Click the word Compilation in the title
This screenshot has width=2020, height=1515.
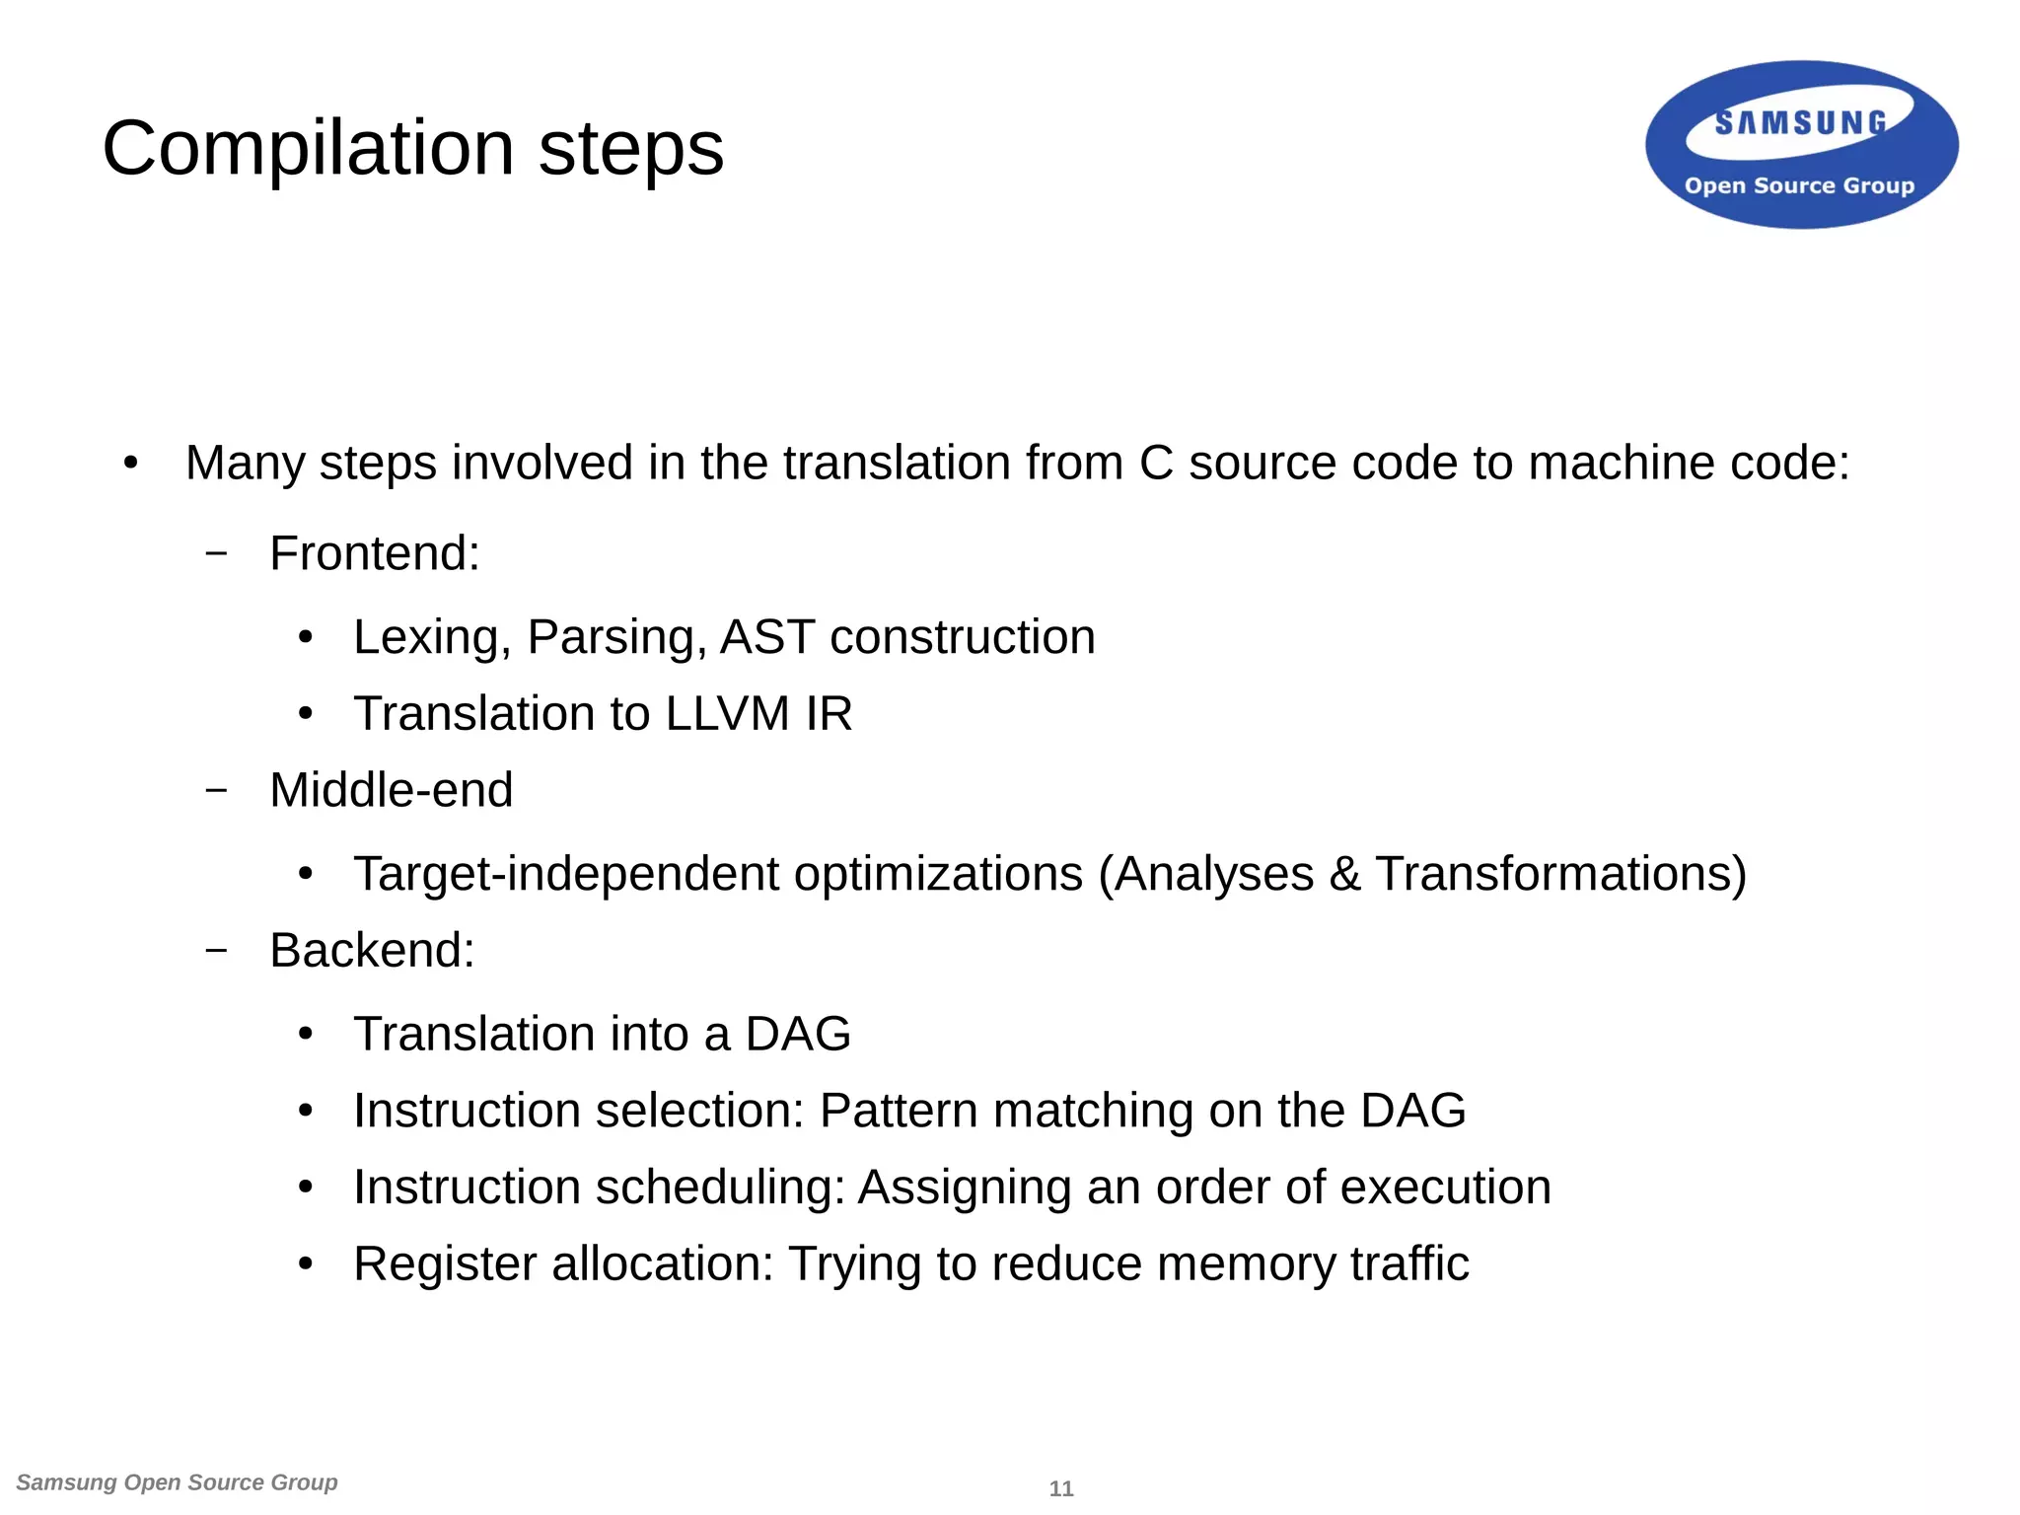pyautogui.click(x=309, y=148)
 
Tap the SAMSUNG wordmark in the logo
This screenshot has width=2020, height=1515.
pyautogui.click(x=1800, y=122)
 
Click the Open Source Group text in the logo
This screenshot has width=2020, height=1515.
pyautogui.click(x=1799, y=185)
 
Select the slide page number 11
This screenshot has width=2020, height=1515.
pyautogui.click(x=1061, y=1488)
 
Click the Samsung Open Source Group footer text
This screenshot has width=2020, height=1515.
pyautogui.click(x=177, y=1482)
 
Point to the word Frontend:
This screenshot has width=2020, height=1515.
pyautogui.click(x=375, y=552)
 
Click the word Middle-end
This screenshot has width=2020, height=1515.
pyautogui.click(x=391, y=789)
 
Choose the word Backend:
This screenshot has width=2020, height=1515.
pyautogui.click(x=372, y=950)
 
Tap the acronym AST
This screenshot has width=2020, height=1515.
pyautogui.click(x=767, y=636)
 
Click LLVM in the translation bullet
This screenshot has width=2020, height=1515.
pyautogui.click(x=727, y=713)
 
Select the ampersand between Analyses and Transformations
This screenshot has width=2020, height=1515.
pyautogui.click(x=1344, y=874)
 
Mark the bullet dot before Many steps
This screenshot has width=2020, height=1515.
pyautogui.click(x=131, y=463)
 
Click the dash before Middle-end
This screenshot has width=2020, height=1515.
pyautogui.click(x=216, y=789)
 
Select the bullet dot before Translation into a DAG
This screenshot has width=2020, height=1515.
pyautogui.click(x=306, y=1034)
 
